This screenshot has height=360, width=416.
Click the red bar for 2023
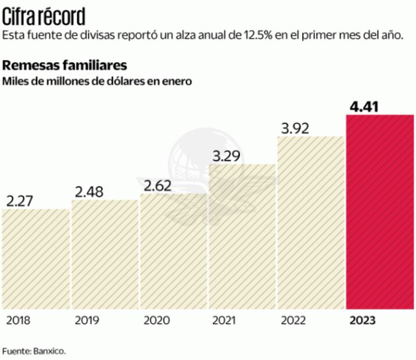[x=380, y=212]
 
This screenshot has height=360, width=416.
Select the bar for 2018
[x=35, y=259]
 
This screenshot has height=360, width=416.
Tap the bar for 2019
[x=105, y=254]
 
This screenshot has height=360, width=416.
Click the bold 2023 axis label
[x=362, y=321]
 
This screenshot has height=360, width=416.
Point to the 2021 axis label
[x=224, y=321]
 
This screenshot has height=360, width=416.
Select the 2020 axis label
[x=155, y=321]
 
